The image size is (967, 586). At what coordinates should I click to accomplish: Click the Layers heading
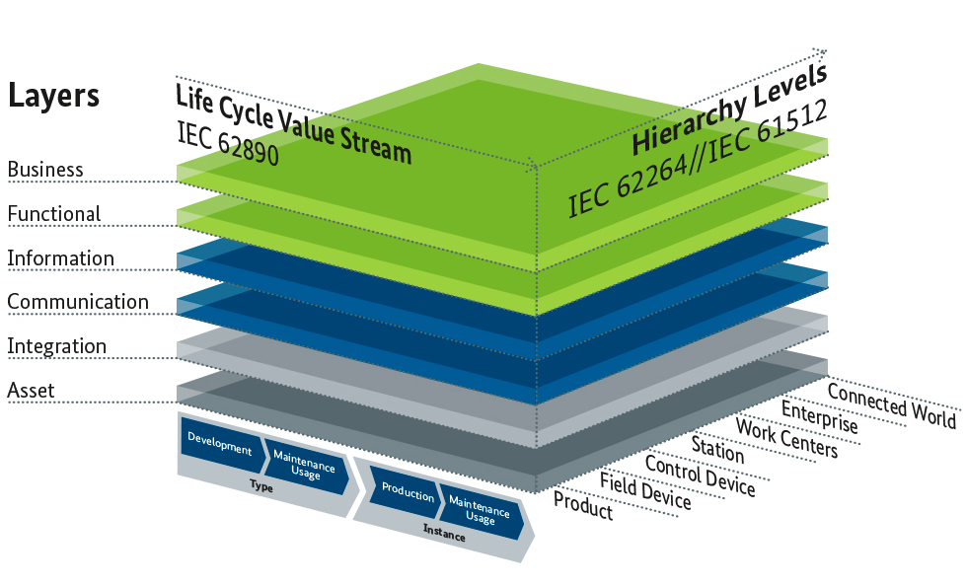click(x=53, y=96)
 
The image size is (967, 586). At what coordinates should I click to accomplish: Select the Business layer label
click(x=45, y=170)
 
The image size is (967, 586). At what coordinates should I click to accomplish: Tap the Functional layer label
click(x=54, y=214)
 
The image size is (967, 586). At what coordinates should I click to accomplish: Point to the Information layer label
click(x=60, y=258)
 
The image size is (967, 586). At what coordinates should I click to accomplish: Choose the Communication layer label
click(x=78, y=302)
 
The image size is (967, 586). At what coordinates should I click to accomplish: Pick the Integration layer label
click(x=56, y=346)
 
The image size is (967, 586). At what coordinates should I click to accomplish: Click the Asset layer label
click(x=31, y=391)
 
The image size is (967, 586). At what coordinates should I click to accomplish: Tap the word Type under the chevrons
click(x=260, y=486)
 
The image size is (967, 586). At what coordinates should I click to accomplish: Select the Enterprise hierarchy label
click(x=820, y=418)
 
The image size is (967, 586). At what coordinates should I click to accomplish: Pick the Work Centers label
click(x=786, y=438)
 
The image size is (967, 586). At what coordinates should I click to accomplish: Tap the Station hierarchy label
click(x=717, y=449)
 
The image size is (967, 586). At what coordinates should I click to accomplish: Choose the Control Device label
click(x=700, y=476)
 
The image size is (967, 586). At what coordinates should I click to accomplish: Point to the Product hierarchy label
click(x=583, y=507)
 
